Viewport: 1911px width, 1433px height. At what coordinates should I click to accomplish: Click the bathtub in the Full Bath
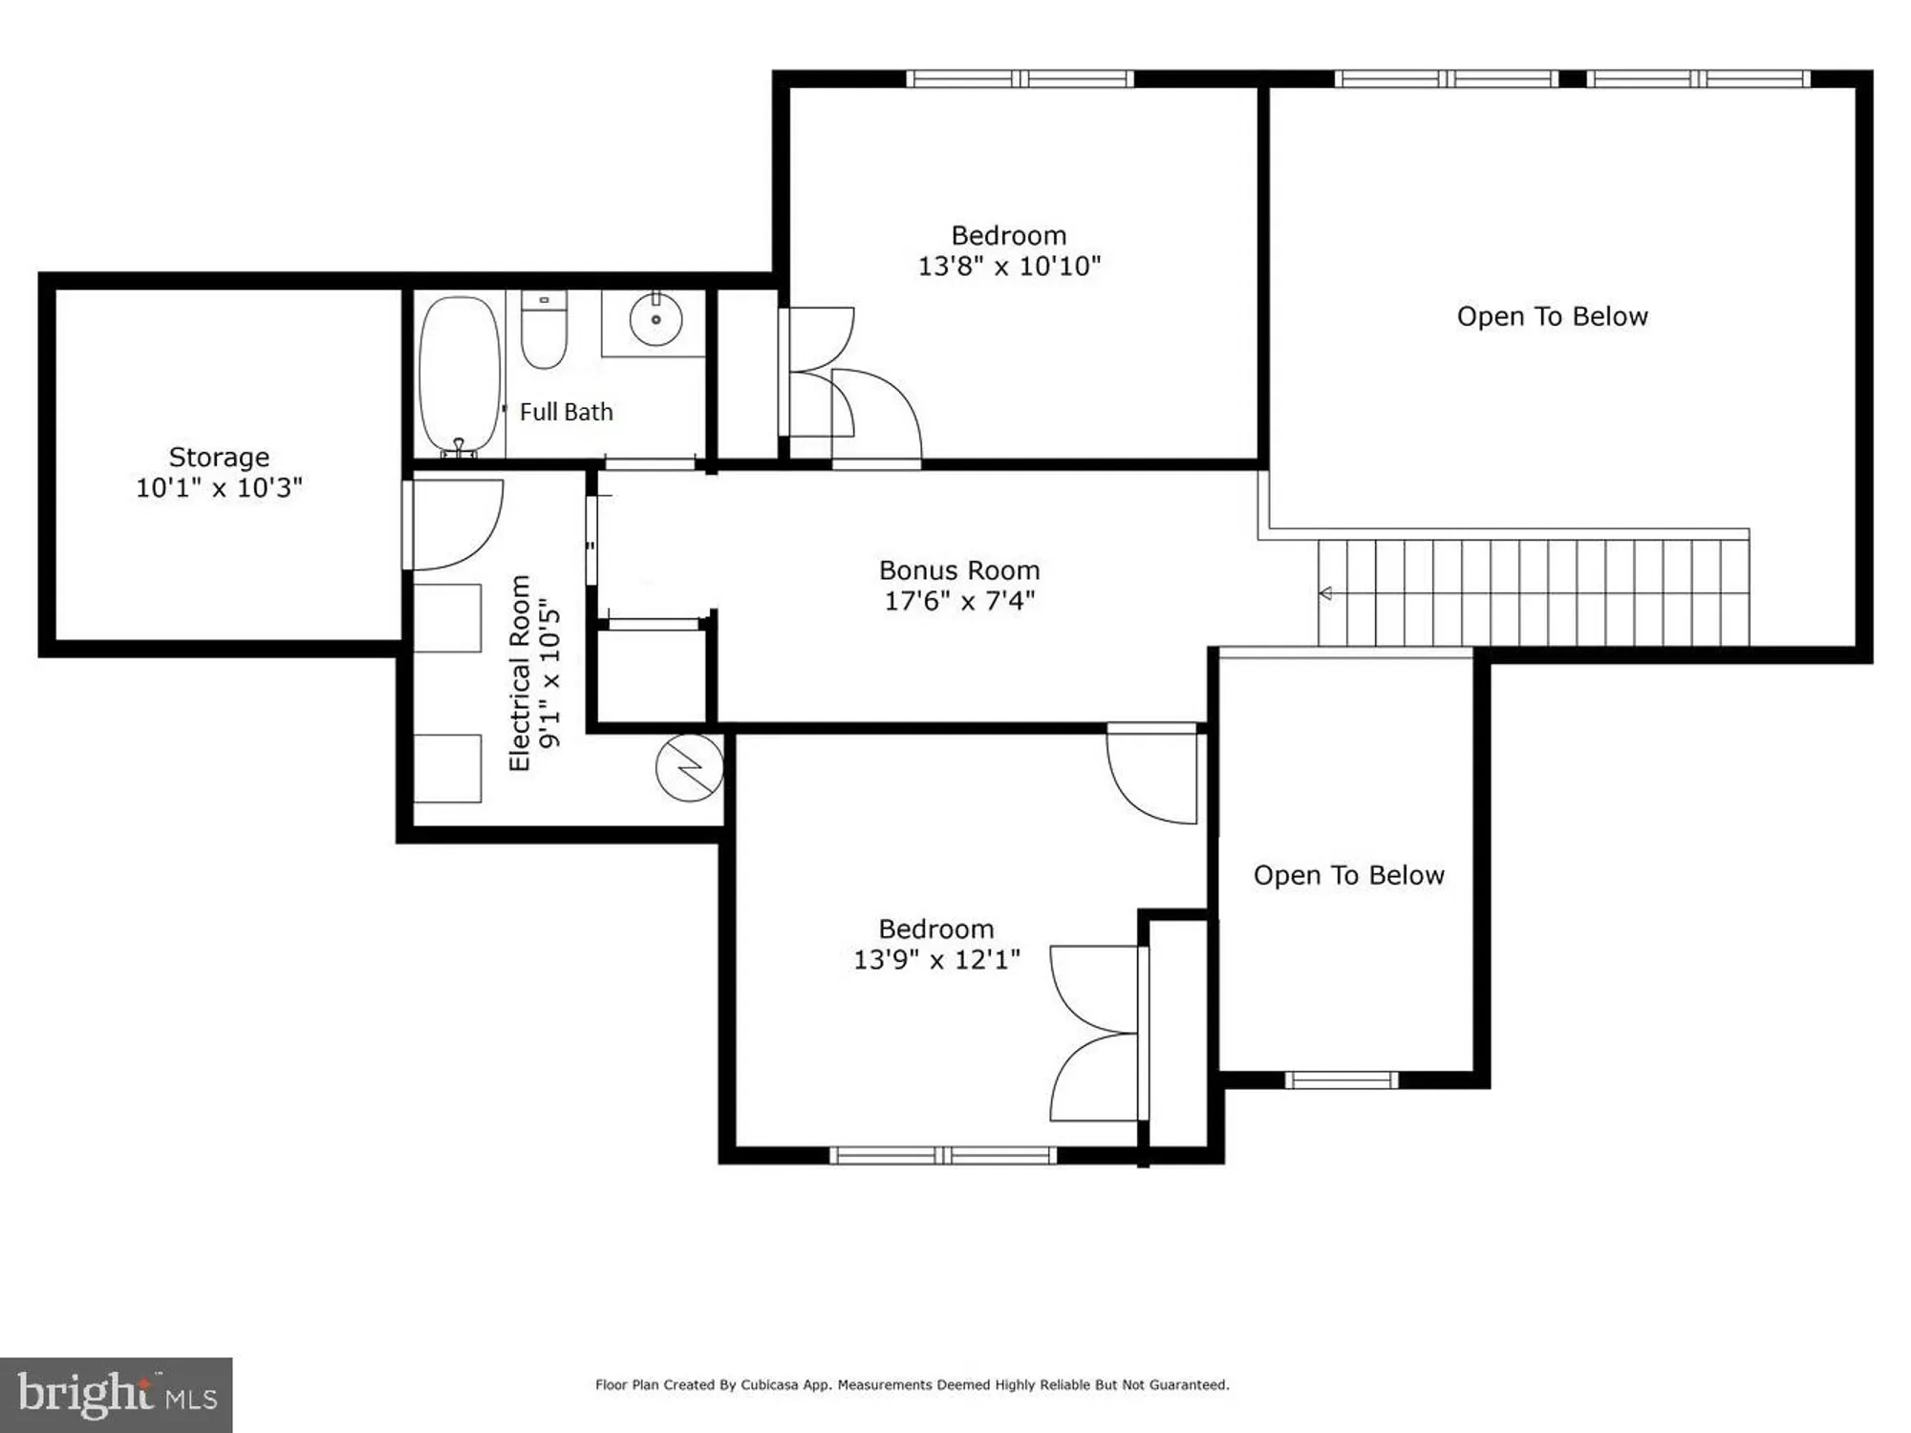460,374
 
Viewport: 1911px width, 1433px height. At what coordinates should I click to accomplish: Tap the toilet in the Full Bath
544,331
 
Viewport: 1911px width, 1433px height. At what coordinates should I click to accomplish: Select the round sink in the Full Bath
656,319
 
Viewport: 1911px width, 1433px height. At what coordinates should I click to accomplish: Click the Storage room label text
219,458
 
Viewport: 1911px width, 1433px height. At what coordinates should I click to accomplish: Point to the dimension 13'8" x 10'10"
1009,267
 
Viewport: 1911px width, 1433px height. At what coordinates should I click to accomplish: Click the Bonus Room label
959,571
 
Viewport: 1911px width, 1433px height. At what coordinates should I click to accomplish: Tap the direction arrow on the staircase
1326,593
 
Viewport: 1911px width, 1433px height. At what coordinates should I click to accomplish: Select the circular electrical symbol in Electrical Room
689,767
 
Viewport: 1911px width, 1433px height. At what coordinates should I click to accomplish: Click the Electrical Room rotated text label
519,674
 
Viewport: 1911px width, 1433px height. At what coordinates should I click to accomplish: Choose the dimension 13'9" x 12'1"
936,960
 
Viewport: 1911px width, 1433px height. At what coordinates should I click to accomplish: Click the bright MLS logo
117,1395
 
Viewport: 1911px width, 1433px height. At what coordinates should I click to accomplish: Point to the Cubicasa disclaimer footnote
912,1384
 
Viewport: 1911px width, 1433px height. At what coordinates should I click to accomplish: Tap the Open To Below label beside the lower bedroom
1348,876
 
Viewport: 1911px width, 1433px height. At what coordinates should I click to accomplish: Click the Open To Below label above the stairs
1552,317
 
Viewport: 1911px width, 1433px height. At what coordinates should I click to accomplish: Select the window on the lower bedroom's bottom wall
943,1156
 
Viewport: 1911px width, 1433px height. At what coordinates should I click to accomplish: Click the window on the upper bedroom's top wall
1020,79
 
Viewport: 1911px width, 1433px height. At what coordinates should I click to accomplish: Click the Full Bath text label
566,413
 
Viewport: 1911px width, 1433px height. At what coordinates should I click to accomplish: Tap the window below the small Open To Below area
1341,1080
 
